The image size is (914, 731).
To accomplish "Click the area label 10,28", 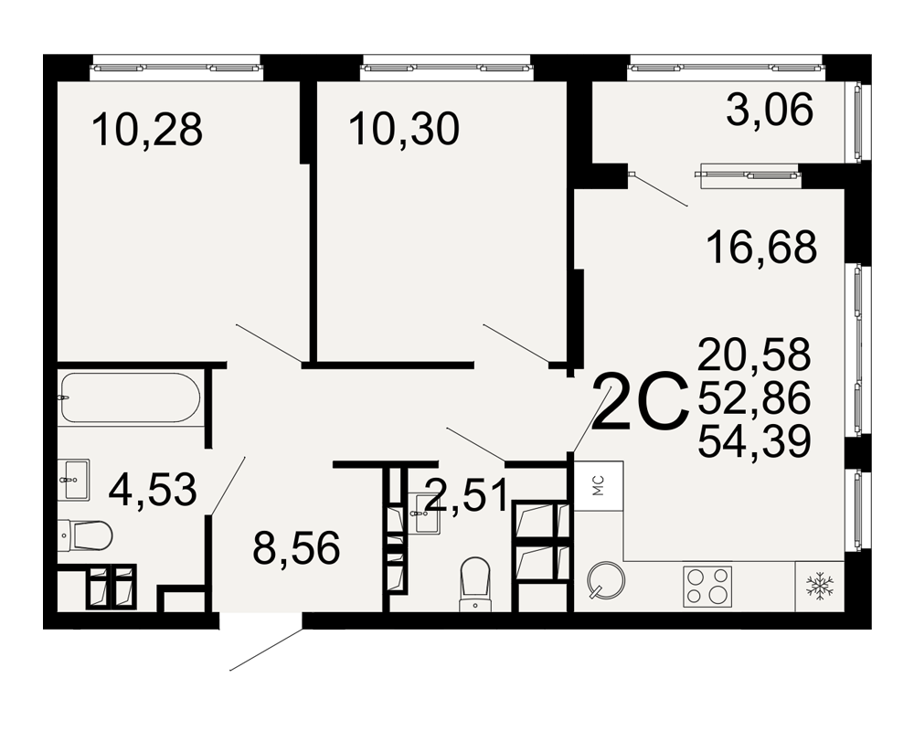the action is click(147, 130).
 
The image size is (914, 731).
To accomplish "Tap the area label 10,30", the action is click(404, 130).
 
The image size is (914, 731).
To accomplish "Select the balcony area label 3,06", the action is click(770, 111).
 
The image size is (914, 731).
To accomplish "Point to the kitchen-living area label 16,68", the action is click(761, 247).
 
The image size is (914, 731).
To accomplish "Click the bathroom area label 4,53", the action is click(153, 490).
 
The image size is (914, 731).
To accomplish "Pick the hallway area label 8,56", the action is click(296, 548).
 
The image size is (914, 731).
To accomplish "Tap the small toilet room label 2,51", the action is click(466, 495).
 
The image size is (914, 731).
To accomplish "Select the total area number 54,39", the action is click(754, 441).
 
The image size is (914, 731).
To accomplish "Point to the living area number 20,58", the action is click(754, 355).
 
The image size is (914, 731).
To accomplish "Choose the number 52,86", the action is click(754, 398).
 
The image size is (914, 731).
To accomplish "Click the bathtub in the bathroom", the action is click(130, 397).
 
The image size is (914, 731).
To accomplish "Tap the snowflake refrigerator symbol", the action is click(820, 586).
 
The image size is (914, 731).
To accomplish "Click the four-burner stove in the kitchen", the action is click(707, 586).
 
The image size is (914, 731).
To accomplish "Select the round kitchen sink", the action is click(606, 580).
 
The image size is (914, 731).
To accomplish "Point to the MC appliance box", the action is click(599, 486).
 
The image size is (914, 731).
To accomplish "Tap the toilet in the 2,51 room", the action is click(475, 584).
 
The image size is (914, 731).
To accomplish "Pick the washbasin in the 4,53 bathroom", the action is click(75, 480).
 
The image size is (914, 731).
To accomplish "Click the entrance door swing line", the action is click(266, 649).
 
